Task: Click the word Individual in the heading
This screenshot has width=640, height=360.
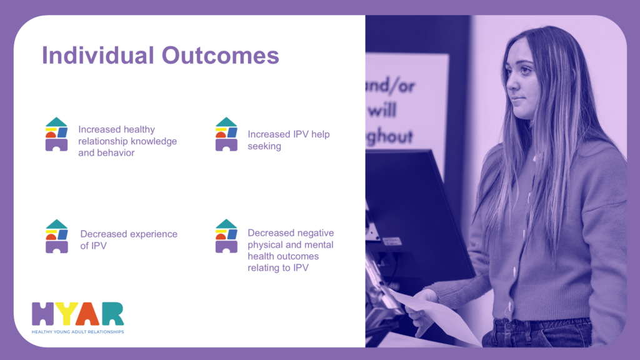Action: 98,56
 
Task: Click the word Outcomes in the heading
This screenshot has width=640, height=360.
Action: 221,56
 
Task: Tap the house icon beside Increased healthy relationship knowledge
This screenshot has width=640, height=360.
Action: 56,134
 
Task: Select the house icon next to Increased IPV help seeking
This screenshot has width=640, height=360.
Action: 226,134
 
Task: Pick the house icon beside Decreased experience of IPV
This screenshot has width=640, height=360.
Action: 57,236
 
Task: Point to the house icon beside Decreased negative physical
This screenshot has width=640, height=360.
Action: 226,236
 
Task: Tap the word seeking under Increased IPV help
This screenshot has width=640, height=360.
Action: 264,146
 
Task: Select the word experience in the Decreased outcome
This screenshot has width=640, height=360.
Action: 152,234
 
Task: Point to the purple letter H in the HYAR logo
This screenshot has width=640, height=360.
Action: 43,314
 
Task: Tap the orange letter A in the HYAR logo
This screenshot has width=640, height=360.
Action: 87,314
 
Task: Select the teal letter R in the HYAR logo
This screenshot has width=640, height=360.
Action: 112,314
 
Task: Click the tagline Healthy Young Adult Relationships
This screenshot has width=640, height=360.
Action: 77,332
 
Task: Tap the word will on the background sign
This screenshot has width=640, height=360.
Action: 382,110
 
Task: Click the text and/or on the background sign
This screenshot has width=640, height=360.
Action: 391,86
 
